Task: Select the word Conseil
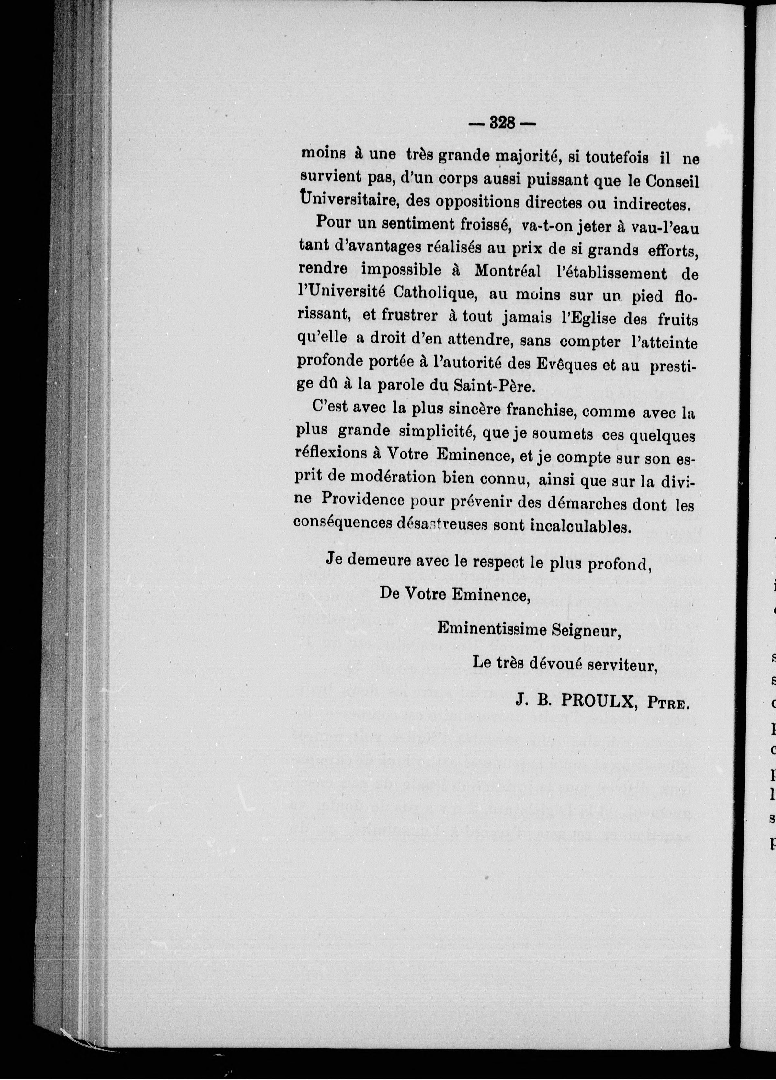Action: pyautogui.click(x=673, y=181)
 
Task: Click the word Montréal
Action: pyautogui.click(x=508, y=272)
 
